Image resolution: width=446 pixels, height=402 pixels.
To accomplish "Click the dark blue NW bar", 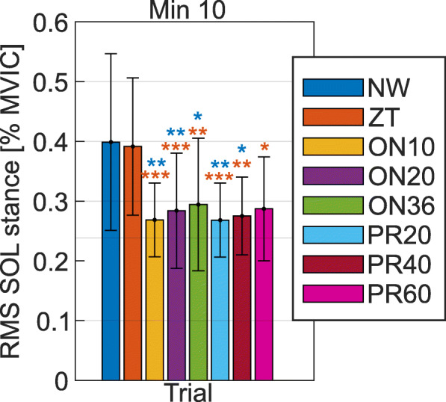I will pos(111,262).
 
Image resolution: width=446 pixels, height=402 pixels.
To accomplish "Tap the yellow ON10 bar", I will pos(154,300).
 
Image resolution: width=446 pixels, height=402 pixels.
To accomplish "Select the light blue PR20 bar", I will pos(220,300).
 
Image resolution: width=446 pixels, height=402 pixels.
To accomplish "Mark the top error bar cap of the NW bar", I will pos(111,54).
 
